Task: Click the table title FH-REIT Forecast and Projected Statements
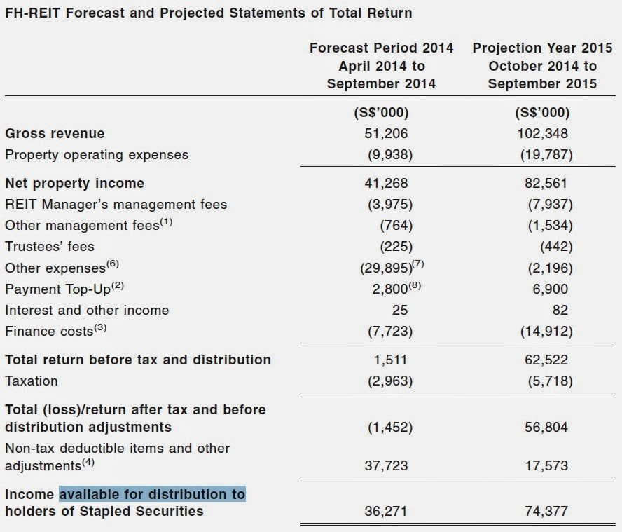point(209,13)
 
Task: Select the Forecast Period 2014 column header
point(381,66)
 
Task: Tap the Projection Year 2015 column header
point(542,66)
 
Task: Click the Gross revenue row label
point(55,133)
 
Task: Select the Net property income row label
point(74,183)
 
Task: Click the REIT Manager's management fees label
point(116,205)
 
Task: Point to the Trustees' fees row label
point(49,247)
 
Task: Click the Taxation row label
point(32,381)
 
